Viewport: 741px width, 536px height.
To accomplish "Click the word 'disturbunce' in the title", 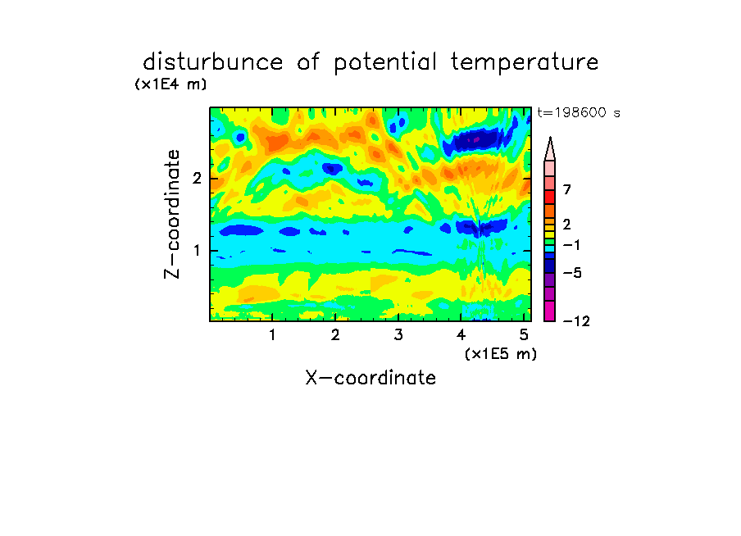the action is click(x=212, y=62).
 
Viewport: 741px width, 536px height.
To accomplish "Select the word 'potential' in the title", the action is click(x=385, y=63).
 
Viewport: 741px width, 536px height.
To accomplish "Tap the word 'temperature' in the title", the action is click(x=525, y=63).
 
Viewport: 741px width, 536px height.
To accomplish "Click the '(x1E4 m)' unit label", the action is click(x=170, y=84).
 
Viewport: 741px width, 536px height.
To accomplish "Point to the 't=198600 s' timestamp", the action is click(x=579, y=112).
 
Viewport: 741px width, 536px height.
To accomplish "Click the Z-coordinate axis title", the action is click(x=172, y=214).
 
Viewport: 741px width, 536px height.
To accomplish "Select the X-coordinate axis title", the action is click(x=370, y=378).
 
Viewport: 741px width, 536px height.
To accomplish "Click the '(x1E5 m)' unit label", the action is click(x=501, y=353).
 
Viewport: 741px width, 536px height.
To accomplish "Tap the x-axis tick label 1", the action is click(x=273, y=335).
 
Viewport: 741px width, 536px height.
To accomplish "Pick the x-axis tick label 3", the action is click(x=398, y=335).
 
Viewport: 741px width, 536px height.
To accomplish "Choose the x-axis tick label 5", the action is click(x=524, y=335).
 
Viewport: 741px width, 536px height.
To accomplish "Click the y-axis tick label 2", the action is click(x=197, y=179).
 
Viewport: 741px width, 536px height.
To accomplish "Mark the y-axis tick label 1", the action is click(x=197, y=251).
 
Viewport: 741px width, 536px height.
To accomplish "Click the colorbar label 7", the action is click(x=567, y=190).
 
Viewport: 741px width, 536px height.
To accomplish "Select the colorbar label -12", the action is click(x=577, y=322).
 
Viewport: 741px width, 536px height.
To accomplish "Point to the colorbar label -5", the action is click(x=572, y=273).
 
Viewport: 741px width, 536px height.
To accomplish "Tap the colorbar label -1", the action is click(x=571, y=245).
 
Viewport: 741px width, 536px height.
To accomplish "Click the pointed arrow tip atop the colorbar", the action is click(x=550, y=138).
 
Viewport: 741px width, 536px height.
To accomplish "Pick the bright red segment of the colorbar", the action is click(x=550, y=197).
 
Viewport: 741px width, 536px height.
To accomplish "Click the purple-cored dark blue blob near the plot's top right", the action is click(x=475, y=140).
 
